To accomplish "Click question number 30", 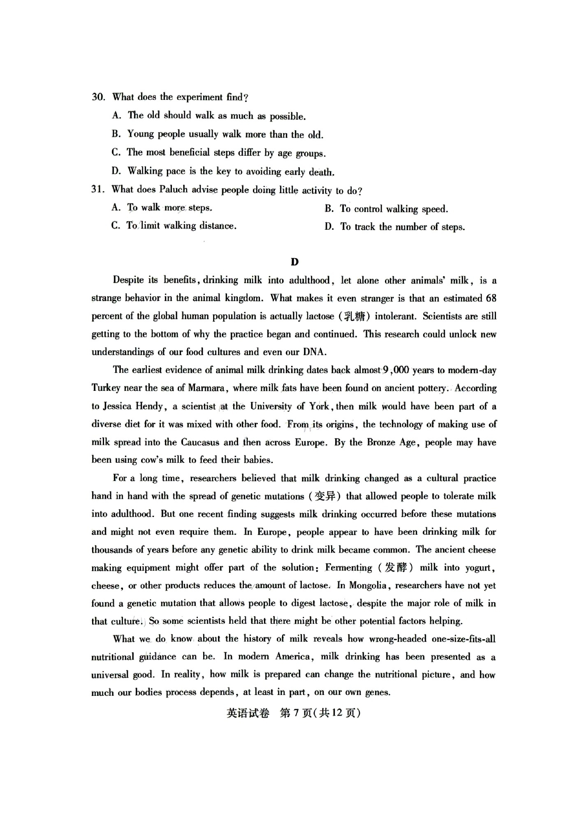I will (98, 97).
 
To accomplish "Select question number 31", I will (98, 189).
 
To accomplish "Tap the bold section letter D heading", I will (294, 262).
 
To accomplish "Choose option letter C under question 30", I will (116, 152).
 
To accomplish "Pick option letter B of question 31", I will (329, 209).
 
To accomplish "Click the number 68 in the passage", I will (491, 298).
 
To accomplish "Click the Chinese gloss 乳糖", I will (354, 316).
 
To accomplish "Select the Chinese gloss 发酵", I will (396, 568).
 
